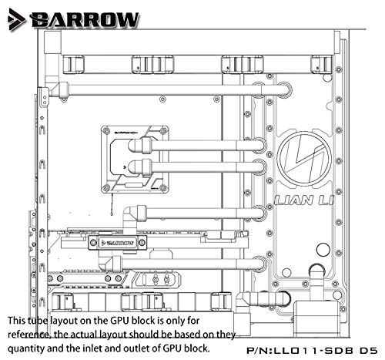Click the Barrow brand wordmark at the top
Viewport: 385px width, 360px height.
pos(85,19)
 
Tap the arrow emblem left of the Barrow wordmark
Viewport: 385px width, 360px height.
pos(16,20)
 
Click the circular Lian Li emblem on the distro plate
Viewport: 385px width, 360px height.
pos(304,159)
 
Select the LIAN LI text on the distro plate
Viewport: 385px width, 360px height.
pos(304,200)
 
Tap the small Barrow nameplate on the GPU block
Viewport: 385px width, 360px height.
pos(118,243)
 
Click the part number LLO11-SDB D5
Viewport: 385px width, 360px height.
pos(312,351)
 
